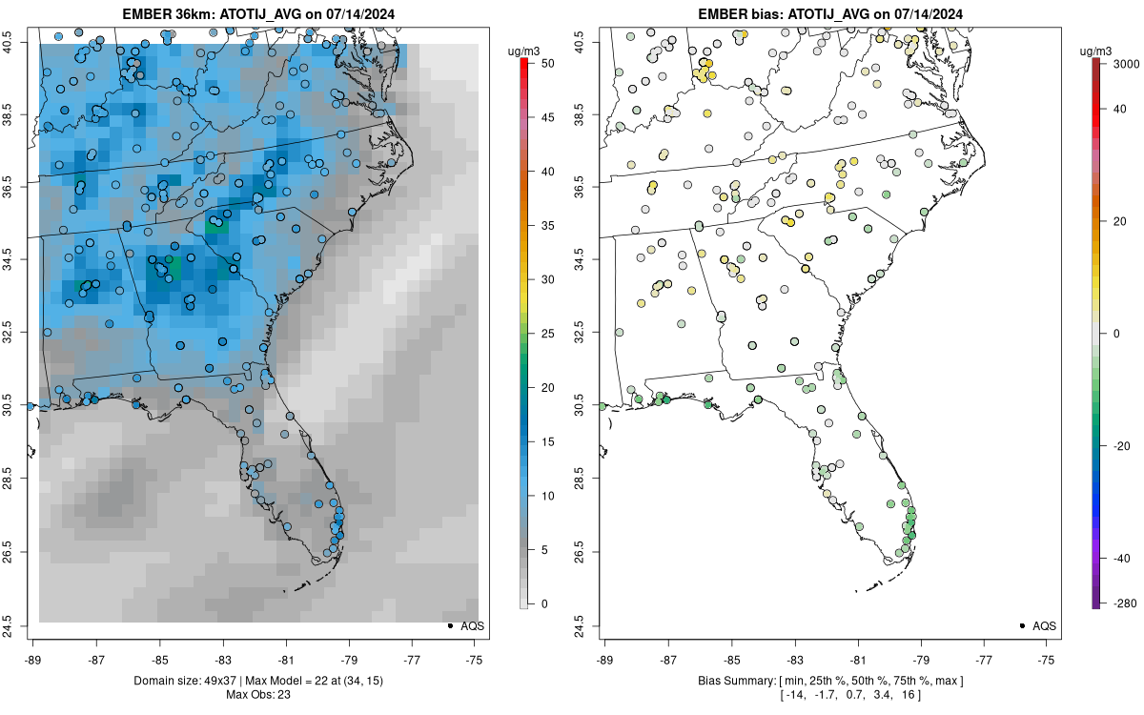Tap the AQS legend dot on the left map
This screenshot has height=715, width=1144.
point(449,625)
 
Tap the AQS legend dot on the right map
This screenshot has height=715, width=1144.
point(1022,625)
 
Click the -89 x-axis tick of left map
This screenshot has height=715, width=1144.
point(33,658)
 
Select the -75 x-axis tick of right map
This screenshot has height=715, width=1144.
point(1047,658)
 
